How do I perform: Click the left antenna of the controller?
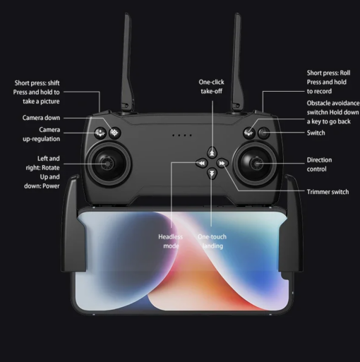coord(127,64)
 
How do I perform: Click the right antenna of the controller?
coord(237,64)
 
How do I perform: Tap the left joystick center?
coord(107,164)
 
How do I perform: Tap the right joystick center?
coord(257,164)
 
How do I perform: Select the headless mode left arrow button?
coord(202,163)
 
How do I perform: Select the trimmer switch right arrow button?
coord(222,163)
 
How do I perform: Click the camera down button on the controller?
coord(114,133)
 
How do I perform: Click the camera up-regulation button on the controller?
coord(100,133)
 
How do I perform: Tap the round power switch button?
coord(264,133)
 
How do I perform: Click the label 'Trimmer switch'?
coord(328,192)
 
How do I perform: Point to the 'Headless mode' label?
coord(171,241)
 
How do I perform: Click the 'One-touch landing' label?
coord(212,241)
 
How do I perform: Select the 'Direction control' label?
coord(319,164)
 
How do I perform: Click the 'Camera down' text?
coord(41,118)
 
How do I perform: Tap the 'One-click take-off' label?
coord(211,87)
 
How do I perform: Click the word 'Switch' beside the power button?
coord(316,133)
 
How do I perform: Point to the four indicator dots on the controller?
coord(182,135)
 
